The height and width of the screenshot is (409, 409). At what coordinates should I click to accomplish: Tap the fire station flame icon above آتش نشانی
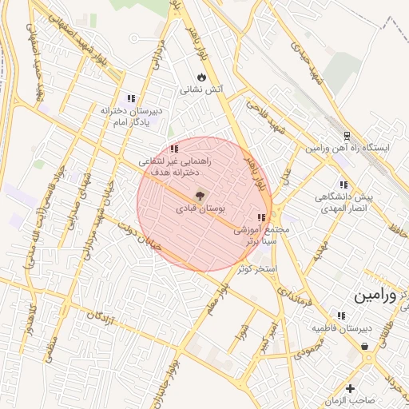(202, 77)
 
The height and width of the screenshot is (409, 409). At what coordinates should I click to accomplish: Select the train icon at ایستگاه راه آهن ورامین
(346, 136)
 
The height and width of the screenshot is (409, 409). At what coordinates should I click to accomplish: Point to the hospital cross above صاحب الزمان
(350, 388)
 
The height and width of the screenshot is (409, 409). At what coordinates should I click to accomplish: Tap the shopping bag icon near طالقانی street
(365, 346)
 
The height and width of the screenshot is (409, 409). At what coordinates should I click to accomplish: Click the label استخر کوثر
(256, 269)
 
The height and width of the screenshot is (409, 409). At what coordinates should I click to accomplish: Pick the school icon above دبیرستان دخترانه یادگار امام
(131, 97)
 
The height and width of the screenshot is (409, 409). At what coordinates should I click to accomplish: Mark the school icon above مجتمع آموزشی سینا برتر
(260, 217)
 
